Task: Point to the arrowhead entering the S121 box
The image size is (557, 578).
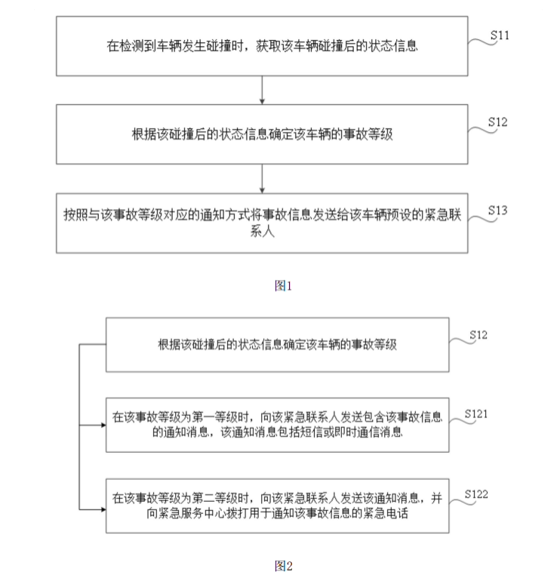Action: coord(102,424)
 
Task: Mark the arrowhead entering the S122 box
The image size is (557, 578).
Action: coord(102,510)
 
